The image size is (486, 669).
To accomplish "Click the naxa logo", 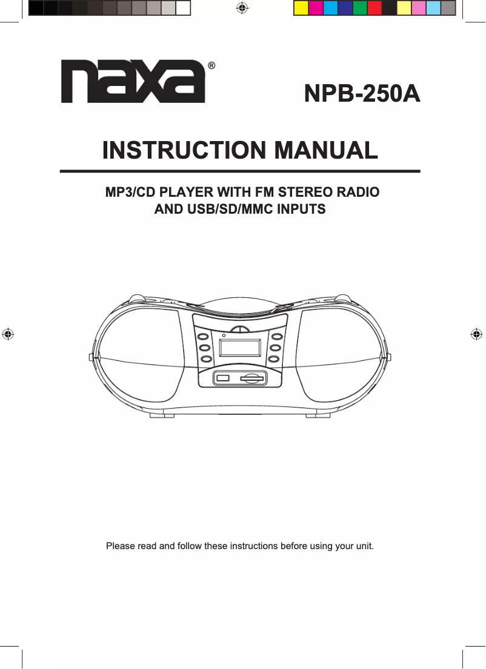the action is tap(133, 81).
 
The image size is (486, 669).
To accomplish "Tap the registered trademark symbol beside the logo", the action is tap(211, 66).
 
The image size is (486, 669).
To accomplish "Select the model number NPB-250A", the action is tap(362, 93).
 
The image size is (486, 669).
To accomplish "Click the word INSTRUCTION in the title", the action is tap(184, 150).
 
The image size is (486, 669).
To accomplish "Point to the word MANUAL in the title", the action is tap(326, 150).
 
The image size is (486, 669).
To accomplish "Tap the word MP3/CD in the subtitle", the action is tap(130, 192).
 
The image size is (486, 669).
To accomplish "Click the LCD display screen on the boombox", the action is tap(240, 348).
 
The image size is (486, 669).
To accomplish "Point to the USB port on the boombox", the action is tap(223, 378).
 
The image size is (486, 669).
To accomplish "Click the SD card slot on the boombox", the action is tap(251, 378).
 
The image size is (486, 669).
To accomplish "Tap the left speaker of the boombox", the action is tap(141, 354).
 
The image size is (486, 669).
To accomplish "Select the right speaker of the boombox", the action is tap(341, 354).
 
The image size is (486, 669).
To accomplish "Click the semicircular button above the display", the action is tap(241, 329).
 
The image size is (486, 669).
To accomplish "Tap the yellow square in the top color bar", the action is tap(301, 8).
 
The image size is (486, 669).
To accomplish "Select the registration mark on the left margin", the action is tap(8, 334).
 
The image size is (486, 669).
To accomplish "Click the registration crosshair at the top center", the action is tap(242, 8).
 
